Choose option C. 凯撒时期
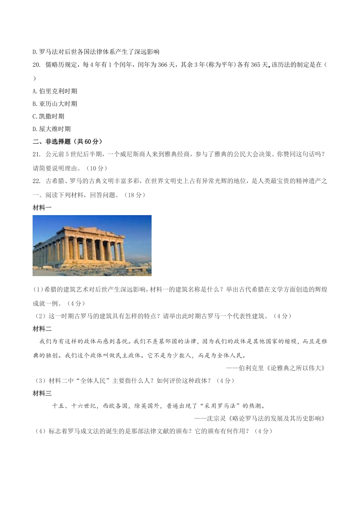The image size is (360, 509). tap(49, 116)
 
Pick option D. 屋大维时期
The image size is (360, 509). tap(52, 129)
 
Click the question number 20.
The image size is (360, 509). tap(36, 65)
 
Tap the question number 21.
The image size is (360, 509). tap(36, 154)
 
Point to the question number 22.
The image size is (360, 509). tap(36, 181)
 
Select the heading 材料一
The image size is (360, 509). tap(42, 208)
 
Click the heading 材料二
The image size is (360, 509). tap(42, 329)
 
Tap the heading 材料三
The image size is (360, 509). tap(42, 393)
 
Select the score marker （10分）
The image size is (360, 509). tap(95, 168)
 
